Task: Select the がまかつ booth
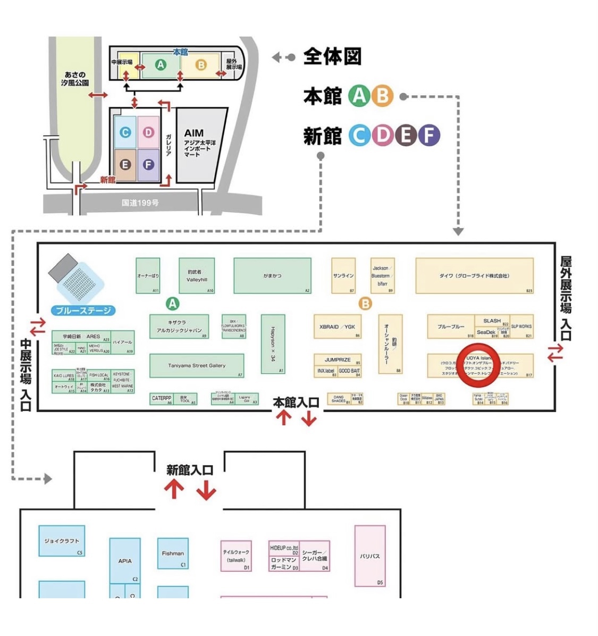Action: pos(272,275)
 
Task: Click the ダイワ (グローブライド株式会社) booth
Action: pos(474,275)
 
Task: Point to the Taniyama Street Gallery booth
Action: pos(197,366)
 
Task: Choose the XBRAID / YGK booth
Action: pos(337,327)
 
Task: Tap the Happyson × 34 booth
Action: pos(273,344)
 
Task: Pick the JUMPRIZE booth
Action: pos(338,359)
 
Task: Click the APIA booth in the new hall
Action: pos(125,560)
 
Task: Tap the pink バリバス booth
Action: pos(369,556)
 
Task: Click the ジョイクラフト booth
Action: pos(62,541)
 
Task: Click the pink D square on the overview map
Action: pos(148,131)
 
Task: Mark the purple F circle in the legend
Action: pos(429,136)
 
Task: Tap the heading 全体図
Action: pos(332,56)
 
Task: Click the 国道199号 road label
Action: pos(140,203)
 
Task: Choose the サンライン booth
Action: pos(343,275)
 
